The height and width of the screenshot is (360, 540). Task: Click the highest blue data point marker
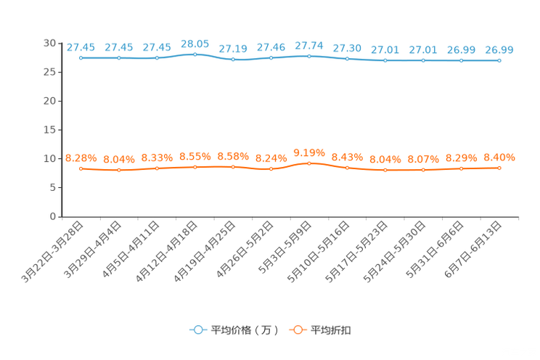[195, 54]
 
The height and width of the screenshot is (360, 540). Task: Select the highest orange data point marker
[309, 163]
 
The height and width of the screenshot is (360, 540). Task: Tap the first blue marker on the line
[81, 58]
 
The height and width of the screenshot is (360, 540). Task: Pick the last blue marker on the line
[499, 61]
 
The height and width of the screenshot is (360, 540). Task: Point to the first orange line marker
[81, 168]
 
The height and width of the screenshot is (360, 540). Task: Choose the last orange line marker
[499, 168]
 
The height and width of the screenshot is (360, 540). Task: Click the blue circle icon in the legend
[197, 330]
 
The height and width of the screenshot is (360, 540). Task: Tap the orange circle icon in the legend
[298, 330]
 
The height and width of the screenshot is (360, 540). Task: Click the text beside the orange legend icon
[332, 330]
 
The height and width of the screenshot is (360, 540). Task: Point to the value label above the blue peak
[195, 44]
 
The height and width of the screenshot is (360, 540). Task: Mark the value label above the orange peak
[309, 152]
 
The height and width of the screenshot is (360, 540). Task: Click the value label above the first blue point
[81, 48]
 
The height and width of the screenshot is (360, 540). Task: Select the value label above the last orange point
[499, 157]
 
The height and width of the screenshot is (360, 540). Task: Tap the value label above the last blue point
[499, 50]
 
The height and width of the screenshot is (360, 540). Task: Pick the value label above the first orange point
[81, 157]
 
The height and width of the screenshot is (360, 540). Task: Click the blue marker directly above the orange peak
[309, 56]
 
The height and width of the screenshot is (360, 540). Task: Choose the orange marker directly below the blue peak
[195, 166]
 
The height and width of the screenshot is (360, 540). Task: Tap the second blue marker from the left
[119, 58]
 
